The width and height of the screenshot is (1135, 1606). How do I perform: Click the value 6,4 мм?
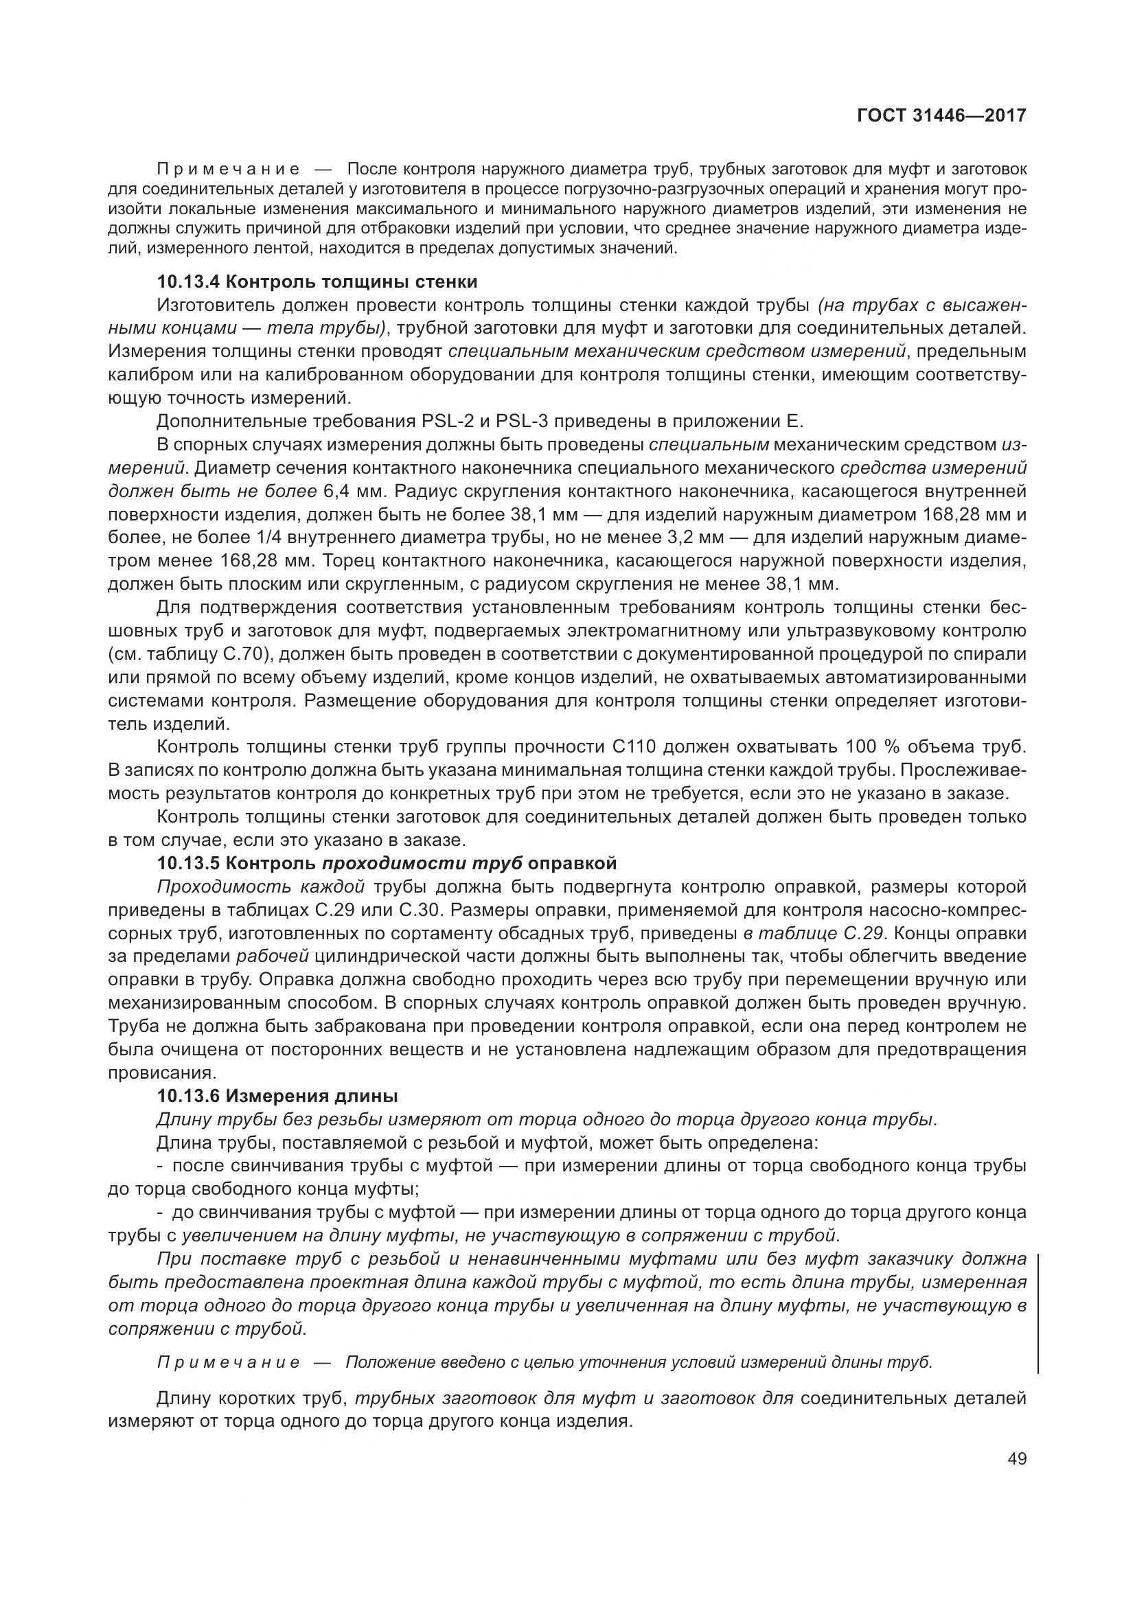348,491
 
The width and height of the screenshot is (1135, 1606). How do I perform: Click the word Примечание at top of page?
229,170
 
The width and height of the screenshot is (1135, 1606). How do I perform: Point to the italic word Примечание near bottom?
229,1362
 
